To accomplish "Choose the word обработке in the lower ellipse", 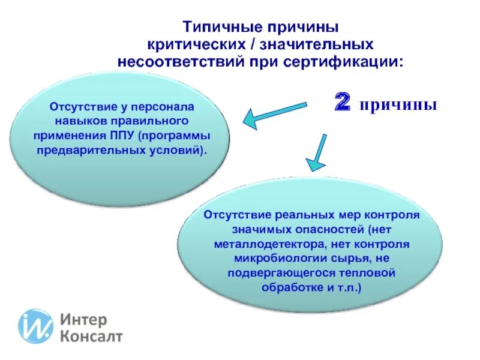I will click(x=287, y=287).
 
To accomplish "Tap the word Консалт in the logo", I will click(x=91, y=336).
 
